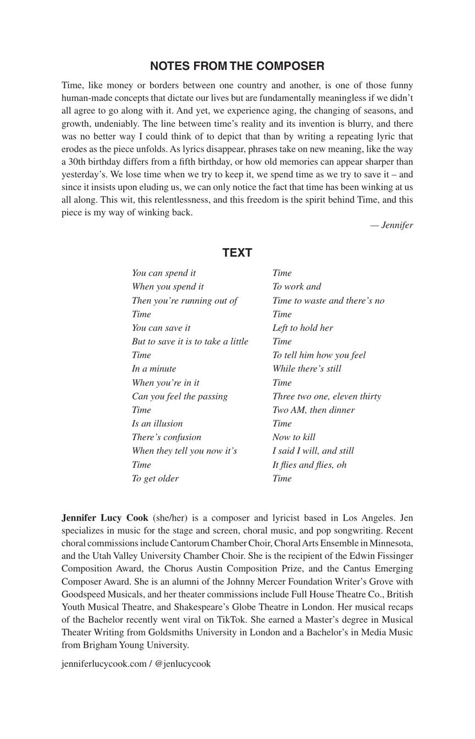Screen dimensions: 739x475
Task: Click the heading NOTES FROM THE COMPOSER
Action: tap(237, 66)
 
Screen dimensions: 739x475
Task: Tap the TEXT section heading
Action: tap(237, 253)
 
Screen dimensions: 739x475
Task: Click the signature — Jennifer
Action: tap(391, 225)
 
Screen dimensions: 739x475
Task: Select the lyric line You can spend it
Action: tap(164, 273)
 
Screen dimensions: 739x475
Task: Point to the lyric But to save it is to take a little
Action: tap(190, 342)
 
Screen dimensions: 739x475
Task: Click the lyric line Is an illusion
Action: tap(157, 424)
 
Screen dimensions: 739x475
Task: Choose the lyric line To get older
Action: tap(155, 479)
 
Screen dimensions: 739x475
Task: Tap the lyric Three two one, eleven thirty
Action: tap(327, 396)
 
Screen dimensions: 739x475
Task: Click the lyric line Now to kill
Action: tap(294, 437)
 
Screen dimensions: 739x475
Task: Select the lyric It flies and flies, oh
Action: tap(310, 465)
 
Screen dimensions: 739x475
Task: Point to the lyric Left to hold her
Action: tap(302, 328)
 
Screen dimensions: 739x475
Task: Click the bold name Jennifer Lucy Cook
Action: tap(105, 518)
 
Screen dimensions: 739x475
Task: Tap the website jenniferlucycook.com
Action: tap(104, 664)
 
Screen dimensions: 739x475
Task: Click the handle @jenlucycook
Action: tap(183, 664)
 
